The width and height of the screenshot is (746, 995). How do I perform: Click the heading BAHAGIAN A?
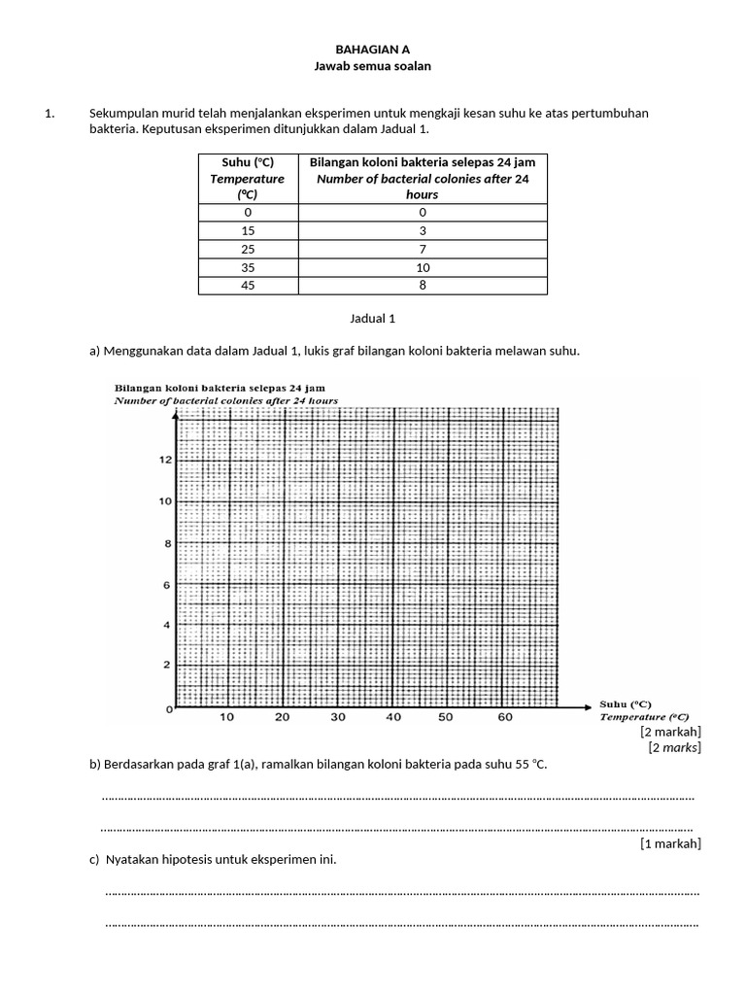click(x=372, y=49)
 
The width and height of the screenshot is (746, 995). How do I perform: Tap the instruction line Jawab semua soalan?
click(x=372, y=66)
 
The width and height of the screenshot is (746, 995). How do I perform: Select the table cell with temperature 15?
click(x=248, y=231)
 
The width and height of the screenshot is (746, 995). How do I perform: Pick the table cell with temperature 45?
click(x=248, y=286)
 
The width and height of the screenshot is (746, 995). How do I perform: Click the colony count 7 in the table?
click(x=422, y=250)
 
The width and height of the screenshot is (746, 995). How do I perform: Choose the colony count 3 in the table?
click(x=422, y=231)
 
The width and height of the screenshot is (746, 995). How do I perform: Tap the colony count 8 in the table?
click(x=422, y=286)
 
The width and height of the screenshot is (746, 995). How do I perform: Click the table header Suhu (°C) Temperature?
click(x=248, y=178)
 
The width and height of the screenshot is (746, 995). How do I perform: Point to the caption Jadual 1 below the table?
click(x=372, y=318)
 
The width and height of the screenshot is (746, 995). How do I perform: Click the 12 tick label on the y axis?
click(x=165, y=460)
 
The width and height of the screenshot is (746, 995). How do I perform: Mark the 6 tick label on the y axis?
click(x=166, y=585)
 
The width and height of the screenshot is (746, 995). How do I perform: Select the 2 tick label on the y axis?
click(x=166, y=665)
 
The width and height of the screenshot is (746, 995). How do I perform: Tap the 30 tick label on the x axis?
click(x=338, y=718)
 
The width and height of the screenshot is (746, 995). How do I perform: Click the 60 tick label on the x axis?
click(x=505, y=718)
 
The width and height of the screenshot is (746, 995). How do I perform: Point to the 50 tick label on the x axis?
click(x=446, y=718)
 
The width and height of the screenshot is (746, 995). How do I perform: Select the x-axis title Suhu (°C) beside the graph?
click(x=626, y=704)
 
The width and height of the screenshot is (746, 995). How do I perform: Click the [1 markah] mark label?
click(x=670, y=843)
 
